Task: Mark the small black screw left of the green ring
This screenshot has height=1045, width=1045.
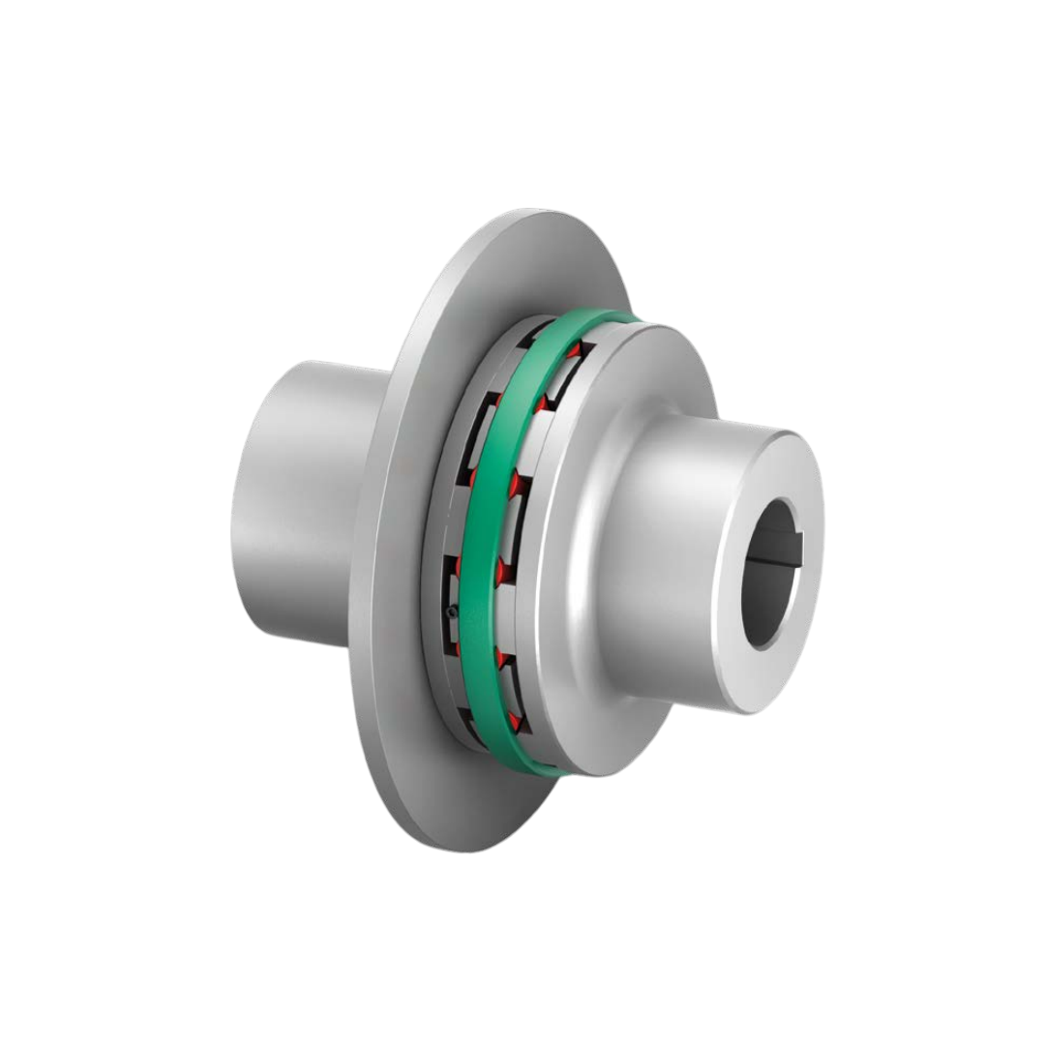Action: [451, 612]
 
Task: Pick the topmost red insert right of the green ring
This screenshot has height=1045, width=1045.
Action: [574, 349]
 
